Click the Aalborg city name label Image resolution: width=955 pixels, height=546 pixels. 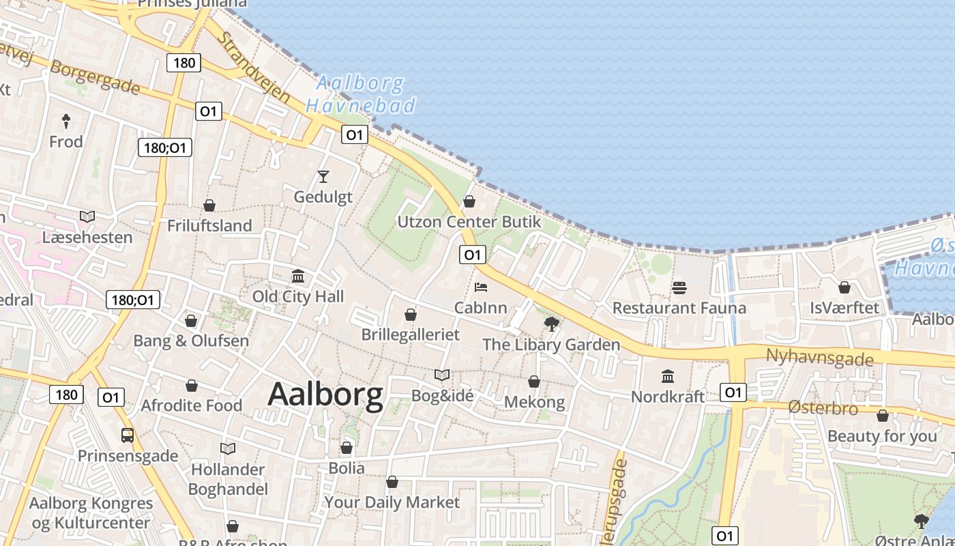pos(325,395)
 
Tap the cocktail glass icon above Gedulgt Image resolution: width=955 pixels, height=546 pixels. pos(323,177)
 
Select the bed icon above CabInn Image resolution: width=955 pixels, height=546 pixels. pos(481,287)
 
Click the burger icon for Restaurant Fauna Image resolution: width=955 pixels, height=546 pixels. pos(679,288)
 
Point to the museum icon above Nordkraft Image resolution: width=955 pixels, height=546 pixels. pos(668,376)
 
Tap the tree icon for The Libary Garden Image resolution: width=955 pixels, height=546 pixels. pos(551,324)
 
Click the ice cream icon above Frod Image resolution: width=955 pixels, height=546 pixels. pos(66,121)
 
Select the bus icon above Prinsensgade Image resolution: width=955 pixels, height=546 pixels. pos(128,435)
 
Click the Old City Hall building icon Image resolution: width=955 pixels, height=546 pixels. pos(298,276)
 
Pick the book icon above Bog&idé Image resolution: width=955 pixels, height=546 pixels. pos(442,375)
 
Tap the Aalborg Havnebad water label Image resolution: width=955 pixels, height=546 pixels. pos(360,94)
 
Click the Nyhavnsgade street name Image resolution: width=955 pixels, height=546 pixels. pos(819,358)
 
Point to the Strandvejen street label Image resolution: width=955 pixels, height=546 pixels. pos(254,66)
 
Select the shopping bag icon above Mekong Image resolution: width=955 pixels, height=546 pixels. pos(534,382)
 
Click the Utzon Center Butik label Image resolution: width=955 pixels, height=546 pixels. pos(469,222)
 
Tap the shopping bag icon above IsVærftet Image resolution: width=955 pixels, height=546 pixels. pos(844,287)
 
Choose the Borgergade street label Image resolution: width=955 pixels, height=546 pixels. pos(95,78)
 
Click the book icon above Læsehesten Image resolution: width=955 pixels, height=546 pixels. pos(87,216)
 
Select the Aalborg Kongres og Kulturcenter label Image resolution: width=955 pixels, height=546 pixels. pos(90,513)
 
